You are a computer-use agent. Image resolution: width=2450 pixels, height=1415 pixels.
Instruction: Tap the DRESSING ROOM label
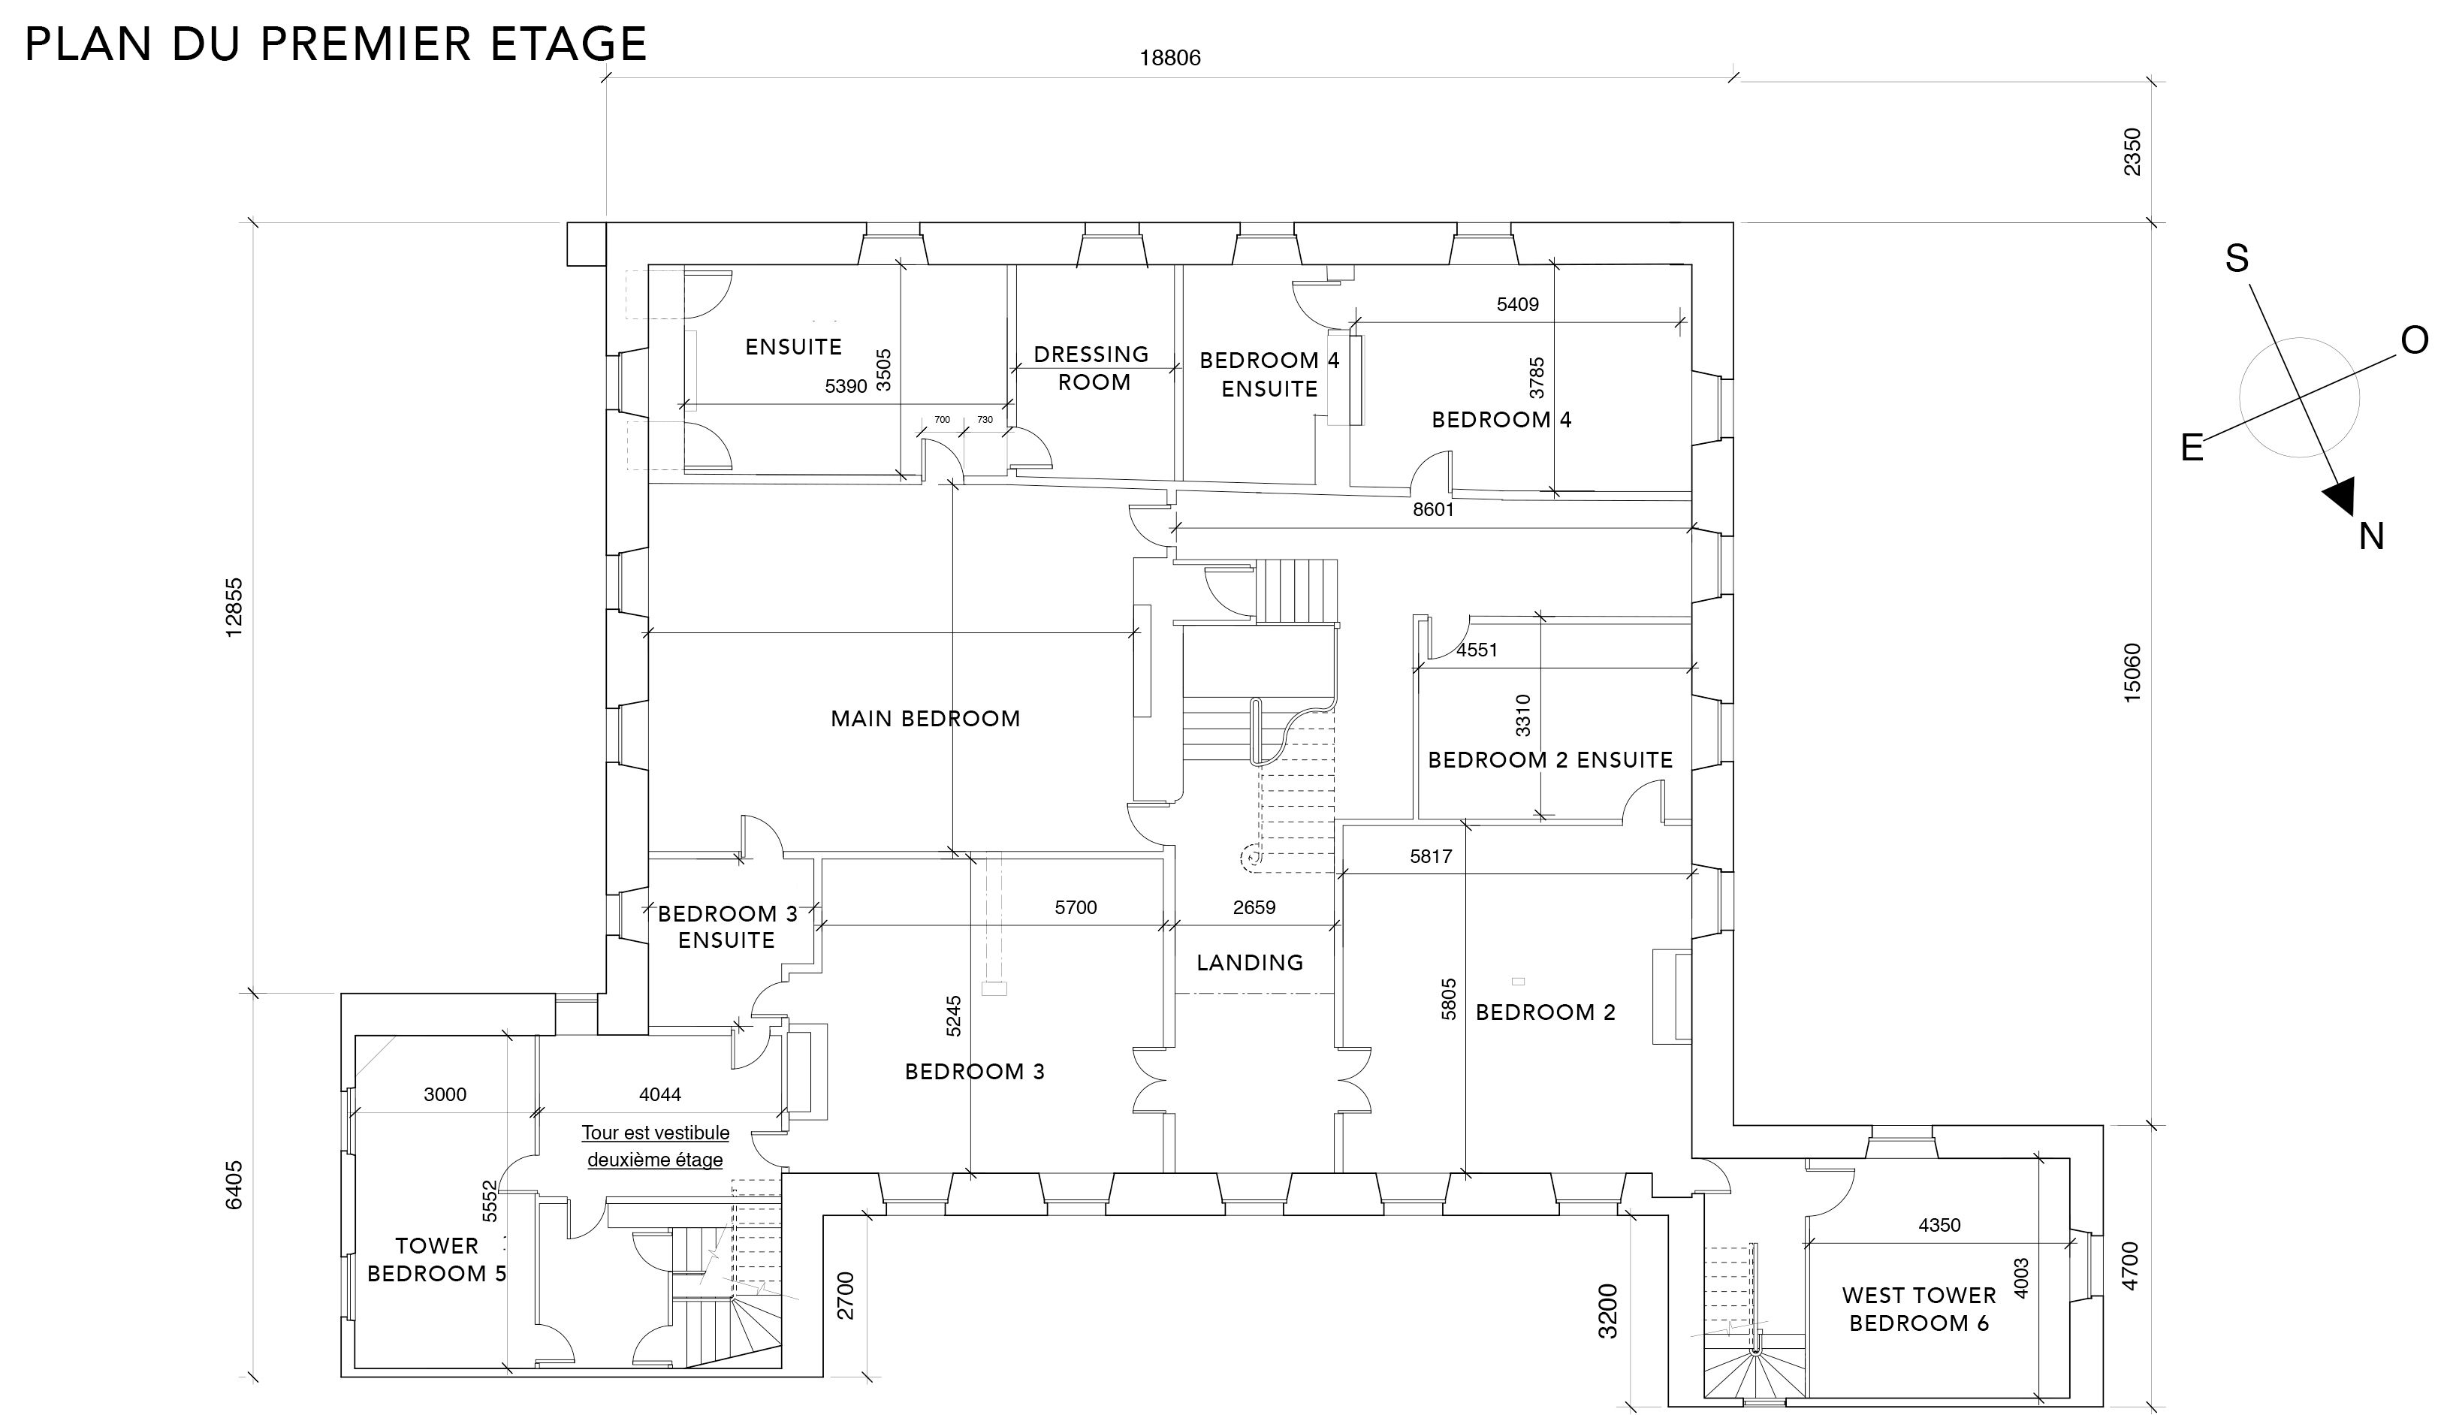(x=1091, y=368)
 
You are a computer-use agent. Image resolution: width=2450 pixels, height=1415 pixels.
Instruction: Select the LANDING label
(x=1250, y=962)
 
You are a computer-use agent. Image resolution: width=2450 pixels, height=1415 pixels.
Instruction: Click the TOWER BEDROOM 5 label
(x=436, y=1260)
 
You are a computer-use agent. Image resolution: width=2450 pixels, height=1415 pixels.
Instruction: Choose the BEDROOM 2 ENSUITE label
(x=1550, y=760)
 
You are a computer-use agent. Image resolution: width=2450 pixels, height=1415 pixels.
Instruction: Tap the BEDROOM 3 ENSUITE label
(x=727, y=927)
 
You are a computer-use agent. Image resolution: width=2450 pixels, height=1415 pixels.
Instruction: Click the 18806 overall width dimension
(x=1170, y=59)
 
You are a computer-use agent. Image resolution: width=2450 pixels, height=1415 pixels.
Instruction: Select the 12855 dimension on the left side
(x=234, y=608)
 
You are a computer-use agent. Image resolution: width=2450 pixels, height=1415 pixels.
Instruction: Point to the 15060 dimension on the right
(x=2132, y=672)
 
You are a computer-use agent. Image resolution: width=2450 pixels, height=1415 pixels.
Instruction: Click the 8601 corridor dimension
(x=1434, y=509)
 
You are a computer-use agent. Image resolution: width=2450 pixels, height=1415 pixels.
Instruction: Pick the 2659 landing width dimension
(x=1254, y=908)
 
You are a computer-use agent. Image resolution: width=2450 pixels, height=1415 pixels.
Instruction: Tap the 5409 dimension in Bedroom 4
(x=1518, y=304)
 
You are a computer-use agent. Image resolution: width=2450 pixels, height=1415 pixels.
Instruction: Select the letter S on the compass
(x=2237, y=258)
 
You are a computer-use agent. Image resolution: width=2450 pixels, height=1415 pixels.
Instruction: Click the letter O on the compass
(x=2415, y=340)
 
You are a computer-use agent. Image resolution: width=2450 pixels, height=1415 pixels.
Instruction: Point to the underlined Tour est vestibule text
(x=655, y=1133)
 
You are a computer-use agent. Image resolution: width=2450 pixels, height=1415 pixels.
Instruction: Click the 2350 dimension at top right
(x=2132, y=152)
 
